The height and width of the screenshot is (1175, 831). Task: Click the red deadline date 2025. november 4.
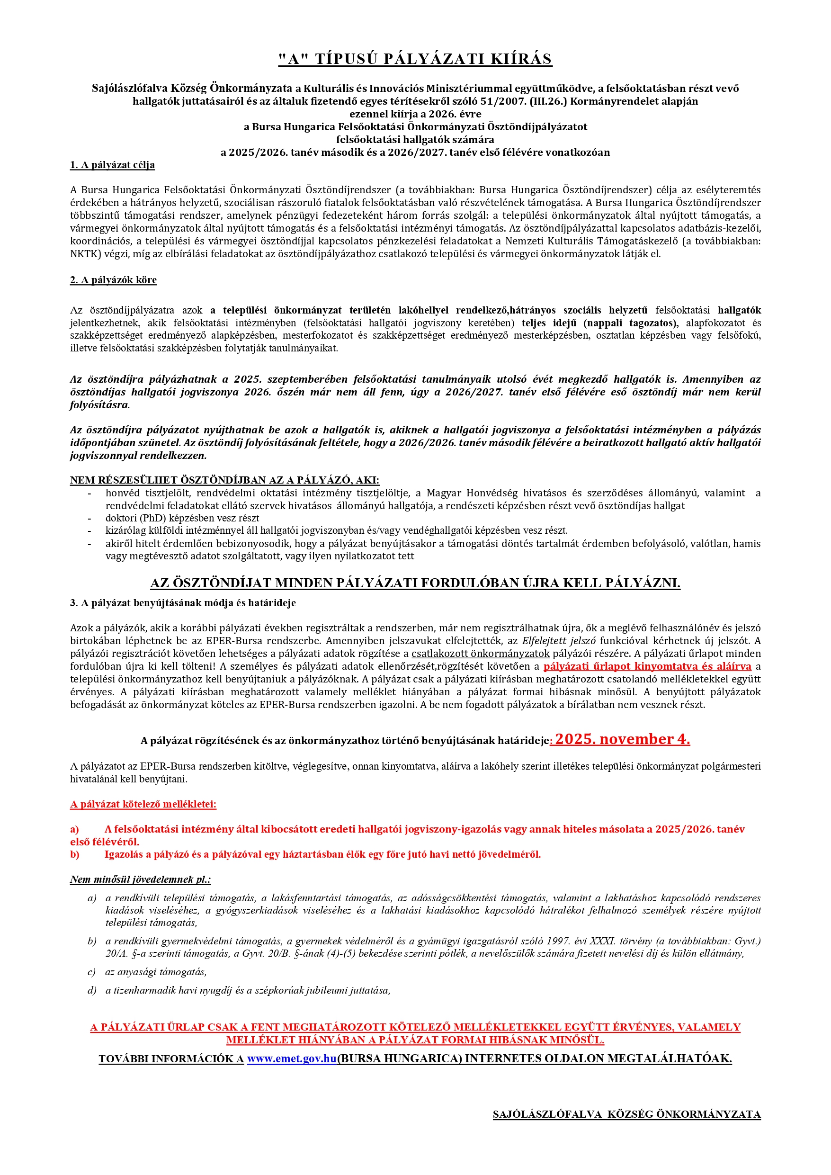(622, 739)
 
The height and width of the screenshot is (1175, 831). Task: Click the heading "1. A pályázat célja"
(112, 165)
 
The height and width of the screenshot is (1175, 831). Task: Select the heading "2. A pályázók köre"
(113, 280)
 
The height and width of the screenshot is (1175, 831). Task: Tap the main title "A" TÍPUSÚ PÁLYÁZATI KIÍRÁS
(415, 59)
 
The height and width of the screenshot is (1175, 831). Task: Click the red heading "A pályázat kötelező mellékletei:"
(143, 805)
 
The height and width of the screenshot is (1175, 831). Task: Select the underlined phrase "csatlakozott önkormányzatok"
(481, 654)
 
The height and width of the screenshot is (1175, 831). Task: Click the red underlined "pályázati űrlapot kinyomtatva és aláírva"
(647, 666)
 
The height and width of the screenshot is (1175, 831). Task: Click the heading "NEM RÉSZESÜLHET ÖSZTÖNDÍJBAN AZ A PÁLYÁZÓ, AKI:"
(224, 480)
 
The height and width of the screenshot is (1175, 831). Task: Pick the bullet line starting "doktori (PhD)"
(182, 518)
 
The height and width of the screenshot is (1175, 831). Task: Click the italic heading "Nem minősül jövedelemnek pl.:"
(140, 880)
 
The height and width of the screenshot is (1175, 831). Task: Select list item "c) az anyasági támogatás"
(156, 972)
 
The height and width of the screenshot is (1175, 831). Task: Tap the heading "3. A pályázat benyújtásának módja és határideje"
(183, 603)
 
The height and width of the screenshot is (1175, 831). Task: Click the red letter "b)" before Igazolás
(75, 854)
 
